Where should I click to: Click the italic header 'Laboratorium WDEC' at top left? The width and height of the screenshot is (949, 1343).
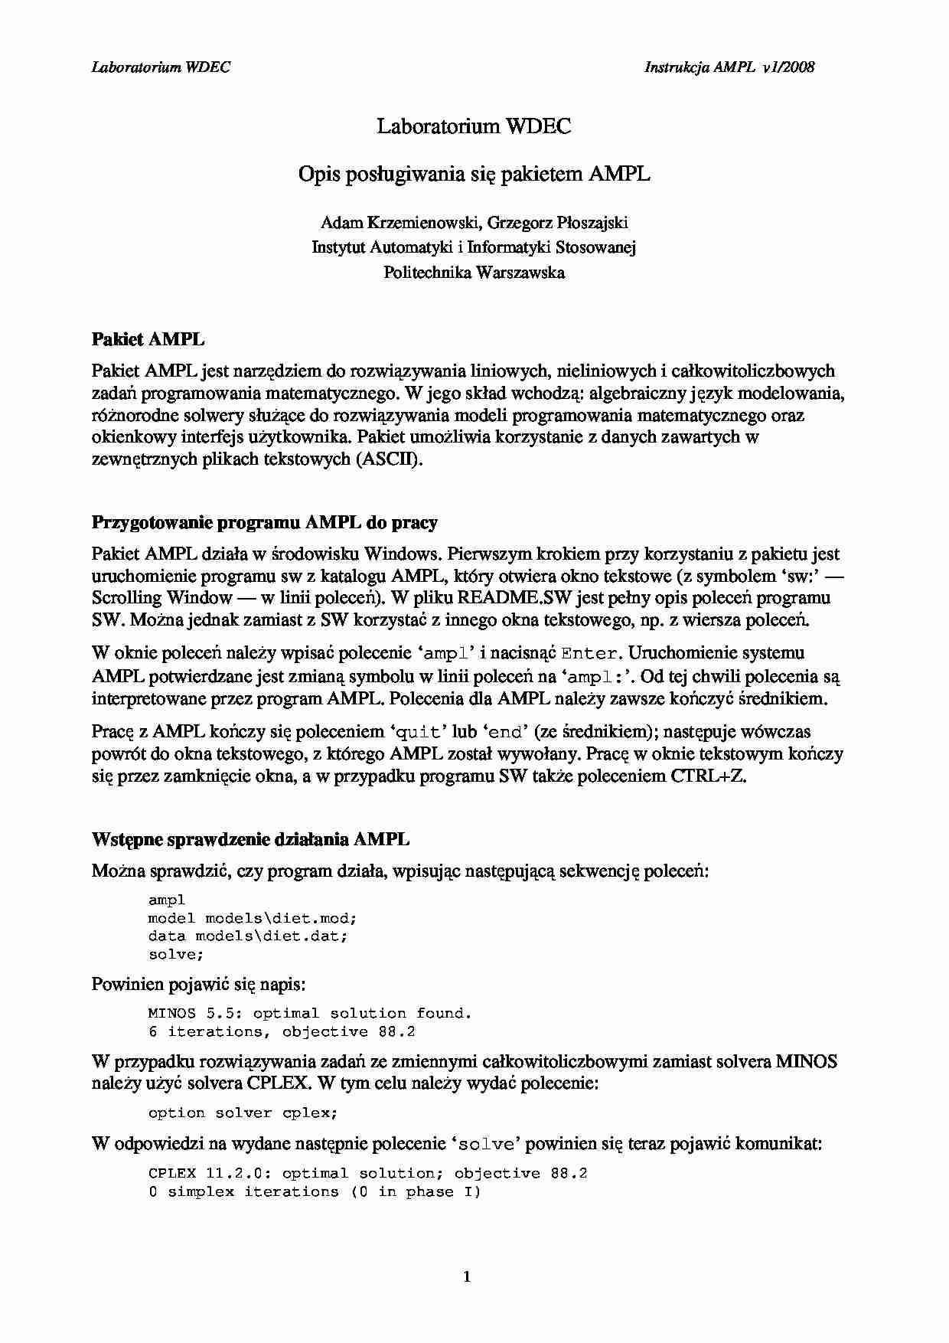pos(161,67)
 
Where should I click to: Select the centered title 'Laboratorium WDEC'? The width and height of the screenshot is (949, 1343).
pos(474,126)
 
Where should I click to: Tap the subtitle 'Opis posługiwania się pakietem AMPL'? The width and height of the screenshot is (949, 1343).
pos(474,175)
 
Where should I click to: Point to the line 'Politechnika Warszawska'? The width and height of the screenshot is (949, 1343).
pos(474,273)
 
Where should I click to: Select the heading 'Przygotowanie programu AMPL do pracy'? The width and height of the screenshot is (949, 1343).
pos(265,523)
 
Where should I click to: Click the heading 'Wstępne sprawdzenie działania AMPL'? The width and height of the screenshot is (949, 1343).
pos(250,839)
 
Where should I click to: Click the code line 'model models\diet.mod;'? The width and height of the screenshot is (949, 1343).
pos(253,918)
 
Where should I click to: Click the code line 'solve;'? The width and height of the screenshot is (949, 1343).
pos(176,955)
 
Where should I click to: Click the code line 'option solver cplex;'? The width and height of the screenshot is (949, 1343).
pos(243,1113)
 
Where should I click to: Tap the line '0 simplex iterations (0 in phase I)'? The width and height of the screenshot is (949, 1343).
pos(315,1192)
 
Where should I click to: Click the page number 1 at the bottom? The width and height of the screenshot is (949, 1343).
pos(467,1276)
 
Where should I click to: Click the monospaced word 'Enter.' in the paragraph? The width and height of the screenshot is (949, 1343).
pos(589,654)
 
